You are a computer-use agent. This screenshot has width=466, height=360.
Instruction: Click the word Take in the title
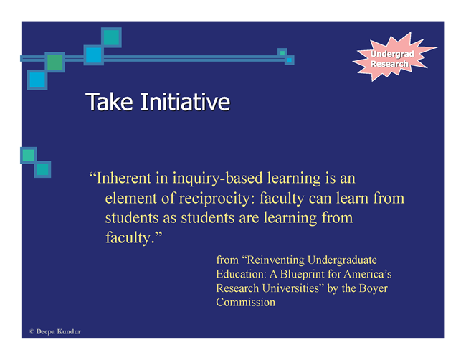[110, 102]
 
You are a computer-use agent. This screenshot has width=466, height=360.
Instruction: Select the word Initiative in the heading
[185, 102]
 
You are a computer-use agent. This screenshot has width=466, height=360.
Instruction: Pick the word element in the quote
[130, 198]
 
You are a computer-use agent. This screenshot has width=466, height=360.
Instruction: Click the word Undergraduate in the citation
[343, 260]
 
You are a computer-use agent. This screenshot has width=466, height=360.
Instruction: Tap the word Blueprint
[302, 275]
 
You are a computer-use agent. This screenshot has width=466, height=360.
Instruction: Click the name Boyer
[374, 289]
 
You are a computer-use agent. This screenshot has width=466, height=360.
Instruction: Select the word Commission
[245, 303]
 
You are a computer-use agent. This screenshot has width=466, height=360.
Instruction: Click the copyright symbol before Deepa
[32, 331]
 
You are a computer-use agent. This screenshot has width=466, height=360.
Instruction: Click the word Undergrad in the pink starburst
[392, 54]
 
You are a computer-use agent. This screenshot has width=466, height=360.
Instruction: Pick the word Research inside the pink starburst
[389, 64]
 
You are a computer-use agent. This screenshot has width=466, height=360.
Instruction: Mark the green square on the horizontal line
[55, 62]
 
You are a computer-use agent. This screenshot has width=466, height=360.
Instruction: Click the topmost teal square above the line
[111, 37]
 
